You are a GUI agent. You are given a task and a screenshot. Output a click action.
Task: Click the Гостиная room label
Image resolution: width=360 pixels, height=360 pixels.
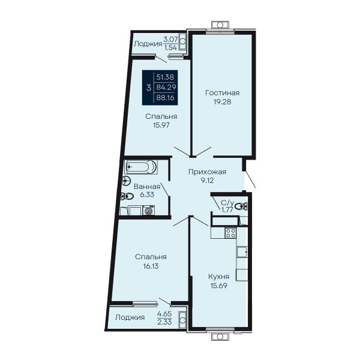click(x=222, y=93)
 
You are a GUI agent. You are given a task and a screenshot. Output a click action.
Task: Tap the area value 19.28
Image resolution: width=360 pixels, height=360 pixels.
click(x=222, y=102)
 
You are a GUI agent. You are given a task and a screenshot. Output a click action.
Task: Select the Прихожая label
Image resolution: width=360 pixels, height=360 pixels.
click(x=207, y=172)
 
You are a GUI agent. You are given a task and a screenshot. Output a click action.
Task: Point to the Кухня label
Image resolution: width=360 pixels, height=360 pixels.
click(x=218, y=277)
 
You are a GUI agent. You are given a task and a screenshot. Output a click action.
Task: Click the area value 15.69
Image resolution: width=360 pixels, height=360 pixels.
click(x=218, y=286)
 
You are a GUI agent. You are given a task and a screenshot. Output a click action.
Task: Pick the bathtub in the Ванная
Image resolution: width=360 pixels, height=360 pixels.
click(x=141, y=167)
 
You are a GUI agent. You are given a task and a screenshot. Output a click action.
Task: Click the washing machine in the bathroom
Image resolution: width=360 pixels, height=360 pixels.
click(x=149, y=210)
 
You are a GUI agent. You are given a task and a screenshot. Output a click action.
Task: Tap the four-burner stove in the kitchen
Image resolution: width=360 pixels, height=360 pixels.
click(x=230, y=233)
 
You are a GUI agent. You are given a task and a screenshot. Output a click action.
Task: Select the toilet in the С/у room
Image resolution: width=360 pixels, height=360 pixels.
click(x=241, y=206)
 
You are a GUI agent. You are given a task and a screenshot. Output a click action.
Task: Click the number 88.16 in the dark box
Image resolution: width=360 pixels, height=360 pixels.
click(x=165, y=98)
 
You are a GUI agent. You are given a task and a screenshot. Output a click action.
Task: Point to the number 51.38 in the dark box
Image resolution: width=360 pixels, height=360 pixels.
click(x=165, y=77)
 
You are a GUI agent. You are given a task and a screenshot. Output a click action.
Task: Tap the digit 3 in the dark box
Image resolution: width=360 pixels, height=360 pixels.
click(x=149, y=88)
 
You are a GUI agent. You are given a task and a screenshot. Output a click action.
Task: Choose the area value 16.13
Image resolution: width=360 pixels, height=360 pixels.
click(x=151, y=266)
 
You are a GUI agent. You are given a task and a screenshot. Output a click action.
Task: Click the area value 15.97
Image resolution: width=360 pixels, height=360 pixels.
click(x=161, y=125)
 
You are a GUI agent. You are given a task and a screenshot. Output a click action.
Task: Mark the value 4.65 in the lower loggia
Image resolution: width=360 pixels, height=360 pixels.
click(x=164, y=314)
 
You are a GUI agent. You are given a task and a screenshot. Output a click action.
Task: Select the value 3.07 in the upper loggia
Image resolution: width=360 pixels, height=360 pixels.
click(x=170, y=39)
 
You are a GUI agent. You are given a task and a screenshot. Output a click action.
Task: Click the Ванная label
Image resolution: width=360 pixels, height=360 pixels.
click(x=147, y=187)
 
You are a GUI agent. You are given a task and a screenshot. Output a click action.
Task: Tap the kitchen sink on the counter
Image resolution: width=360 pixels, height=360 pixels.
click(x=242, y=252)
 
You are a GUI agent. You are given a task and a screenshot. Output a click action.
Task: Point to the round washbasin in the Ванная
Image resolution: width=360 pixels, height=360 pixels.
click(x=126, y=181)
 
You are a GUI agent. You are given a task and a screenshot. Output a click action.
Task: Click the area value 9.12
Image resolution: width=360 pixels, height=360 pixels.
click(x=207, y=181)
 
